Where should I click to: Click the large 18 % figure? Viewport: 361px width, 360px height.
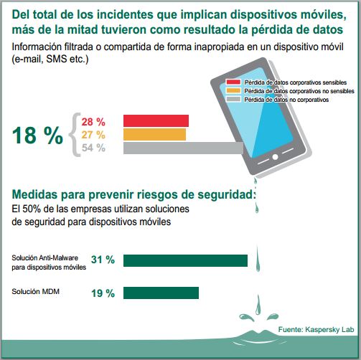click(37, 136)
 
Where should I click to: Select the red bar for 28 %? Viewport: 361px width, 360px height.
click(156, 120)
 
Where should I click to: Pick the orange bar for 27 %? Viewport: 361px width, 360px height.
click(154, 134)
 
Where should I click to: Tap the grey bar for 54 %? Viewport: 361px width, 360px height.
click(183, 148)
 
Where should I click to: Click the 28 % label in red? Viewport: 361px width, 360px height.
click(93, 120)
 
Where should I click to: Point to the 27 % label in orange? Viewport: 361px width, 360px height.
click(93, 134)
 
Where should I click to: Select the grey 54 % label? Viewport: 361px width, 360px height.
click(93, 148)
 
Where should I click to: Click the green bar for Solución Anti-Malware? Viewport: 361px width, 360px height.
click(185, 260)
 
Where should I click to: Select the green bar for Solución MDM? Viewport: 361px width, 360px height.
click(161, 293)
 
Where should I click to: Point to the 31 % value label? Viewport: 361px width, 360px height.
click(103, 260)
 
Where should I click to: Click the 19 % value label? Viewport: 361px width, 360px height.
click(103, 293)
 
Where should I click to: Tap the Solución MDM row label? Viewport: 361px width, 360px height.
click(36, 291)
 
